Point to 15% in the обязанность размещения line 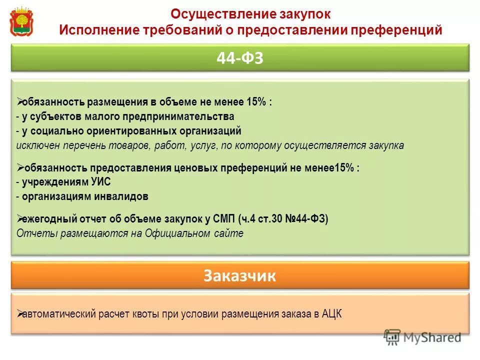click(x=256, y=102)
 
